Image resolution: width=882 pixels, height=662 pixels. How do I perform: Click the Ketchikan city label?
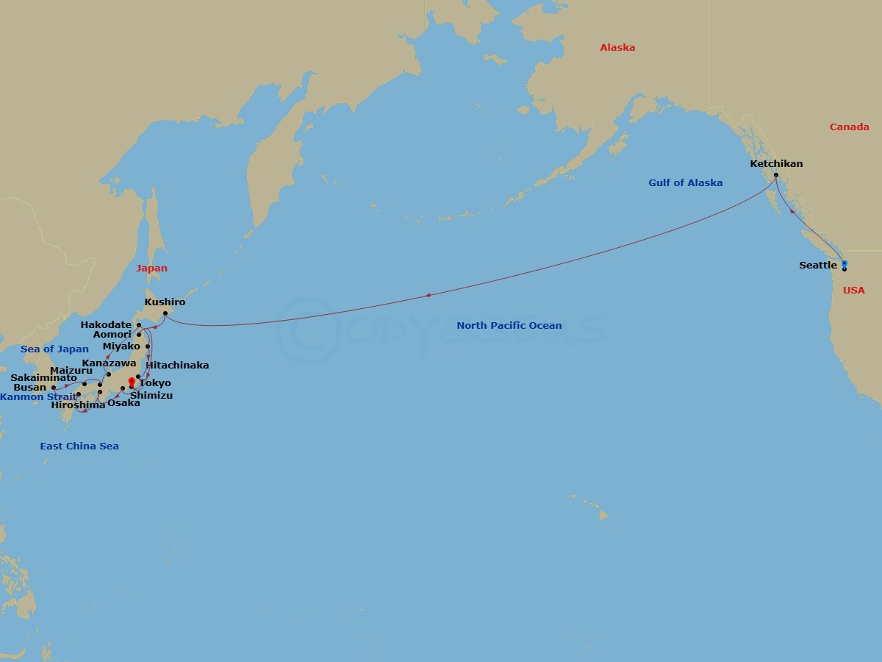click(776, 163)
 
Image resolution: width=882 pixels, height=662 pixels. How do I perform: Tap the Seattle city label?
click(817, 266)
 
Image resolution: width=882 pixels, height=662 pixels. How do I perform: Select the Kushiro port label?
click(165, 302)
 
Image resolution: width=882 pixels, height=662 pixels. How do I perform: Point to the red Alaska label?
click(617, 48)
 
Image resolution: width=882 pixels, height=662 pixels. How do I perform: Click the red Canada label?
click(849, 127)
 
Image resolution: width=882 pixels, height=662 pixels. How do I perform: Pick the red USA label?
click(853, 291)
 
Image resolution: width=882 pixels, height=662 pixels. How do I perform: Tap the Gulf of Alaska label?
click(685, 183)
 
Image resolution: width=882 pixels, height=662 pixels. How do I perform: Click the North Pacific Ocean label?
click(509, 325)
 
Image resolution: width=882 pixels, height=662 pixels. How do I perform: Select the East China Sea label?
click(79, 446)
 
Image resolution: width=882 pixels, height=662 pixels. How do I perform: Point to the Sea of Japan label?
click(54, 349)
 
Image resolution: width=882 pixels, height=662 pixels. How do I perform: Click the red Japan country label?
click(151, 268)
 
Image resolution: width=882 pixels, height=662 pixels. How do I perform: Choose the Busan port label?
click(29, 388)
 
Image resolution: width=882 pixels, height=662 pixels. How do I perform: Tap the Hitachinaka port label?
click(177, 366)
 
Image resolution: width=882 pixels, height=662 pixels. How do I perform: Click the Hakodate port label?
click(106, 324)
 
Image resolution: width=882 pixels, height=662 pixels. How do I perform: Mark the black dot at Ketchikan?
click(775, 175)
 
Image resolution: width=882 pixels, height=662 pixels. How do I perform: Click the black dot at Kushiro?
click(165, 314)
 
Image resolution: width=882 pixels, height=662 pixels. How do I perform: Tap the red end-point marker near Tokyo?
click(132, 380)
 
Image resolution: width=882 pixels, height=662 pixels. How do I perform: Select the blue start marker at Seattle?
click(844, 263)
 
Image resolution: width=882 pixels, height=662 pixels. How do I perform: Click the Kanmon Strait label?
click(38, 397)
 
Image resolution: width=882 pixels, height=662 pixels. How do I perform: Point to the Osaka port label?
click(123, 403)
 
